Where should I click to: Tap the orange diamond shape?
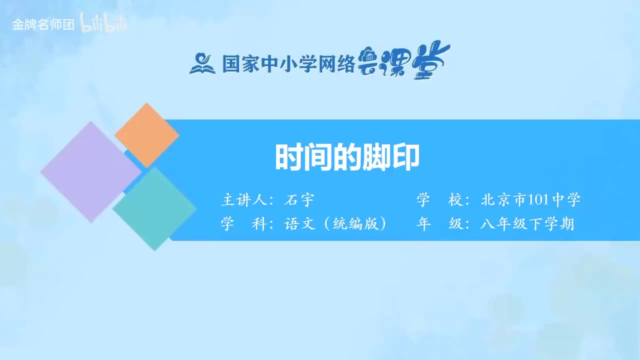146,135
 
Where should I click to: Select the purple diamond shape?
90,171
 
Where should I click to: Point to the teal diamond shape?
154,208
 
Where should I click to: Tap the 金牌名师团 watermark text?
43,24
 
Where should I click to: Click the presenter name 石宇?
299,200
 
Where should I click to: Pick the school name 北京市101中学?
530,200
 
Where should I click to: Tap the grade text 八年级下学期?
527,224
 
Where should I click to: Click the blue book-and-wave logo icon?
202,63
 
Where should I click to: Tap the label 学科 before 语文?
242,224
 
